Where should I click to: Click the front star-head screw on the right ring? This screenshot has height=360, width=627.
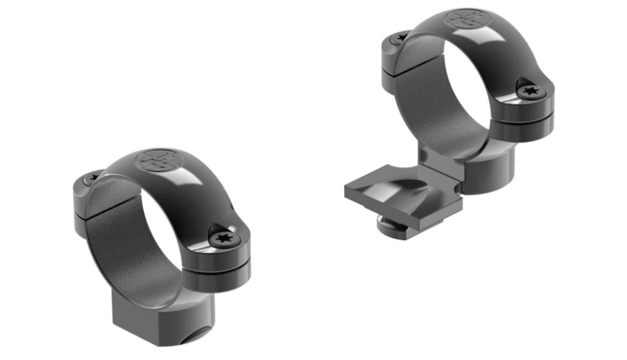(530, 91)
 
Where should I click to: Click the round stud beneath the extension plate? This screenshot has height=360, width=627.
(393, 224)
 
